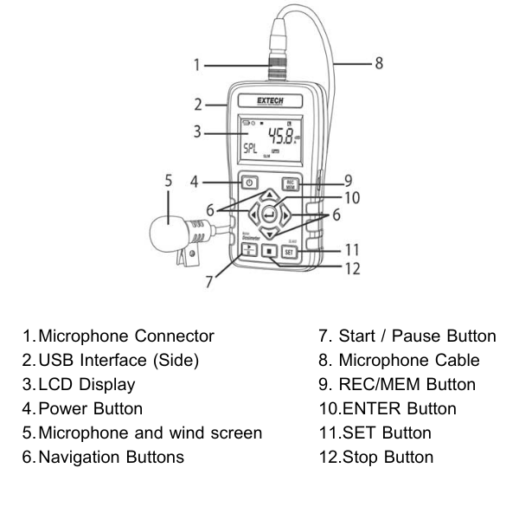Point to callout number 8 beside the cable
tap(378, 63)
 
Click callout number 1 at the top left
tap(195, 63)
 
